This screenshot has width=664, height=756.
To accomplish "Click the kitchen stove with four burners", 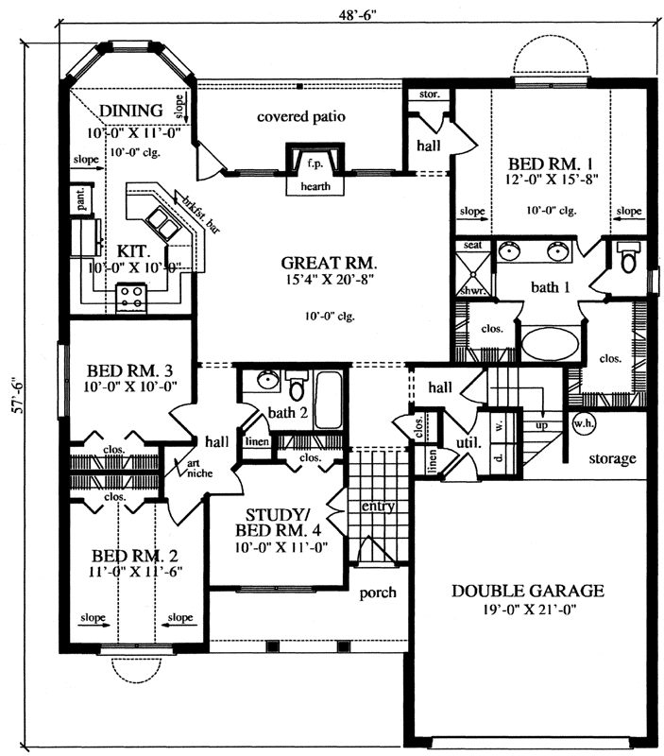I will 129,301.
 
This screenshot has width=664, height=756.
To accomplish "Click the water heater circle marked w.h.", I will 582,422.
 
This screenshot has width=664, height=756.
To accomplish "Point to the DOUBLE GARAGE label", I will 527,591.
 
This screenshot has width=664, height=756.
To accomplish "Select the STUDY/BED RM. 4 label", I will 275,522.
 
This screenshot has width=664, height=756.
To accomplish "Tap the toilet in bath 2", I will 296,388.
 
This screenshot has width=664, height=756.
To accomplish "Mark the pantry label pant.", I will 82,200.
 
